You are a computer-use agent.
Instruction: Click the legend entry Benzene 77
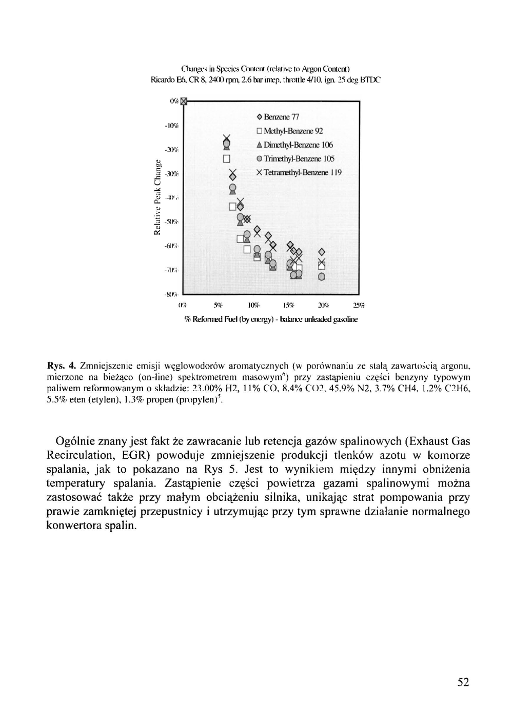click(x=277, y=117)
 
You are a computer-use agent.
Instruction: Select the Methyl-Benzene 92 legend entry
click(x=289, y=131)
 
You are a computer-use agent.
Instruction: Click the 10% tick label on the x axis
click(x=253, y=306)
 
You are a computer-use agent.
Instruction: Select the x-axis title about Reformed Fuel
click(x=271, y=319)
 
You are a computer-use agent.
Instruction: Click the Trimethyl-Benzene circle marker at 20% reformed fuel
click(x=322, y=277)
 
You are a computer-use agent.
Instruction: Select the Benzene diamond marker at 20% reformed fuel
click(x=322, y=252)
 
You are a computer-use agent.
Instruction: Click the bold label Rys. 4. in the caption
click(x=62, y=366)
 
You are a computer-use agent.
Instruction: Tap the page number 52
click(x=463, y=682)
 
